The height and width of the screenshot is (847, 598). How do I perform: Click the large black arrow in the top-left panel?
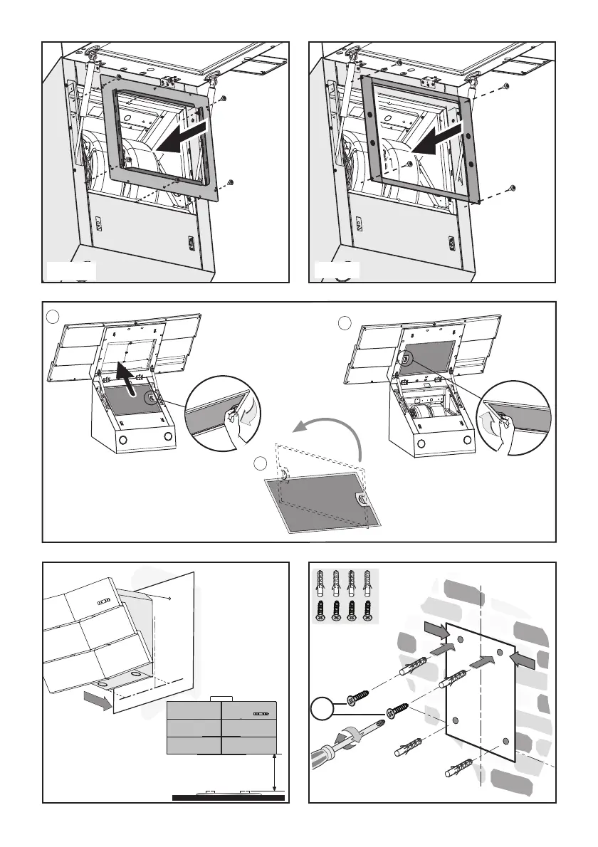pos(184,137)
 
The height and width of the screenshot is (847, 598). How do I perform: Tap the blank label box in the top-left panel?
pos(71,271)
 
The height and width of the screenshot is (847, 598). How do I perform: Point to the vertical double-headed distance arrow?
pos(275,772)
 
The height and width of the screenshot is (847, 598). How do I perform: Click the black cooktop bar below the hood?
pos(229,798)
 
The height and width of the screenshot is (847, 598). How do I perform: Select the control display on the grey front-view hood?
pos(263,712)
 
